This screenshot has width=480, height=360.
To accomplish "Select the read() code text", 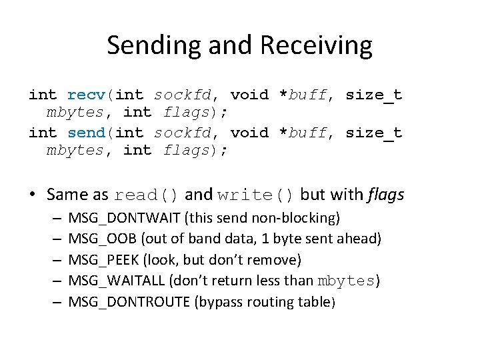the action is point(147,195).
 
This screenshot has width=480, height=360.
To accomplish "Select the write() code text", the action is point(256,195).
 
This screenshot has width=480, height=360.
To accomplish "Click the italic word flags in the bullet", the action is point(385,195).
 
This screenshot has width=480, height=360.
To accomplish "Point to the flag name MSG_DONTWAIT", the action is point(125,217).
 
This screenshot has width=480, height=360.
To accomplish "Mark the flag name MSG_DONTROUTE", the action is point(129,302).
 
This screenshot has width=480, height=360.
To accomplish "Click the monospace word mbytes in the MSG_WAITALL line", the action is point(347,281).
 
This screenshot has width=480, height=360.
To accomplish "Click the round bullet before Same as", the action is point(33,195).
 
